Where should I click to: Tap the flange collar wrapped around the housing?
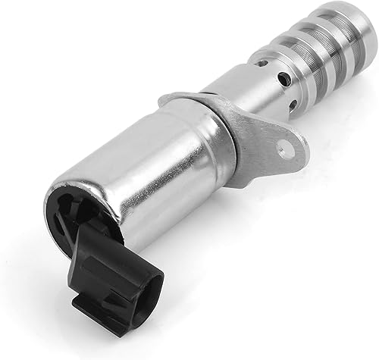point(220,140)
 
